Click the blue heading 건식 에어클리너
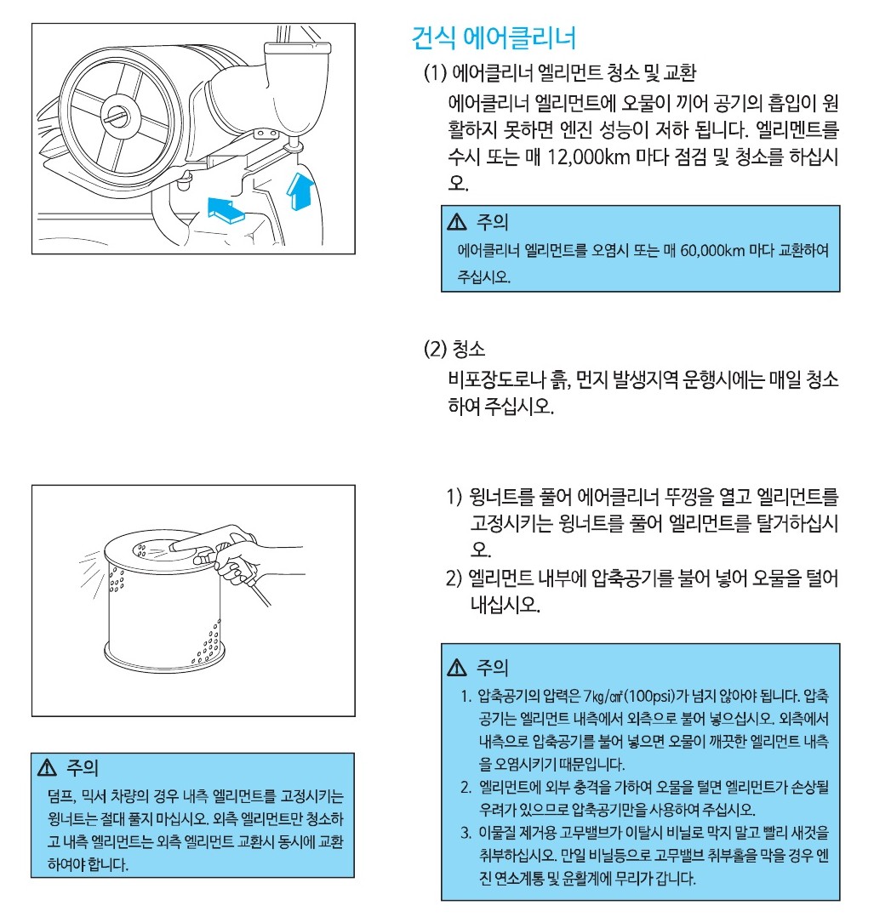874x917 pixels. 494,38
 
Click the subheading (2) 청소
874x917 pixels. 454,349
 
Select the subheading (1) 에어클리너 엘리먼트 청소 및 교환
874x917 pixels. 559,73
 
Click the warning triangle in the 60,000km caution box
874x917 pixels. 456,222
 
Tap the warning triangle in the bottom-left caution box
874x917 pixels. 47,767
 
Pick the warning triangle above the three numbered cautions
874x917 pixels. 456,667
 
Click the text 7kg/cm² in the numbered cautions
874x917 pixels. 603,696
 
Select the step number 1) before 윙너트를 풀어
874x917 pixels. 454,497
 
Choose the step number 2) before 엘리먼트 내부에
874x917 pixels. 454,578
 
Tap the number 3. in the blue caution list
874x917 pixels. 466,833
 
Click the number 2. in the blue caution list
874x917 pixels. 466,787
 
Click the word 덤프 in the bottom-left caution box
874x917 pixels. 60,796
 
